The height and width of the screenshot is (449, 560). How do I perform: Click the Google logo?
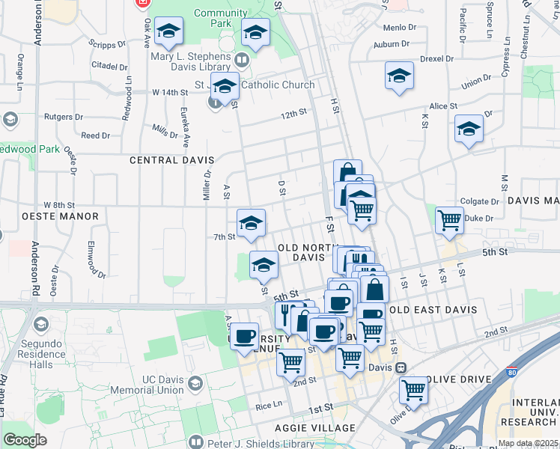point(25,440)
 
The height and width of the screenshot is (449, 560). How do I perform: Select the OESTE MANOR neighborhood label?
point(49,216)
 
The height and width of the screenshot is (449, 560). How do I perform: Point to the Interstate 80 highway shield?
point(512,370)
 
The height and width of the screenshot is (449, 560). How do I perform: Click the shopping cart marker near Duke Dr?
point(449,221)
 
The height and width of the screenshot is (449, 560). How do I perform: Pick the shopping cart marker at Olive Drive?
point(413,390)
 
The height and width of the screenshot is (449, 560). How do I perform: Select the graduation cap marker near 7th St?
point(251,222)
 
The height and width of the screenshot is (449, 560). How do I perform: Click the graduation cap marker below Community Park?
point(255,33)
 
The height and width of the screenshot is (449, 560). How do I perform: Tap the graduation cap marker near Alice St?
point(469,129)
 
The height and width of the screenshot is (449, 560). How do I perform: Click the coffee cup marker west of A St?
point(244,336)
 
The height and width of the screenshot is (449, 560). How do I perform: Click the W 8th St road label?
point(60,204)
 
